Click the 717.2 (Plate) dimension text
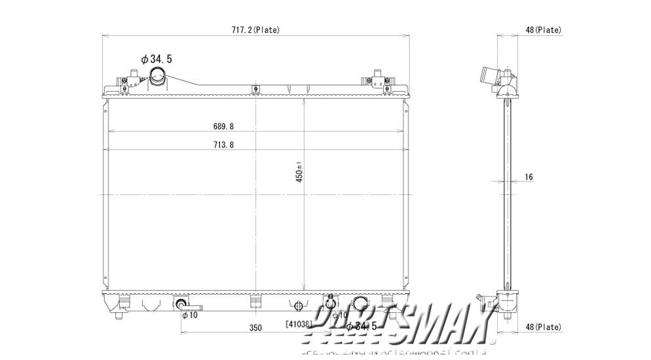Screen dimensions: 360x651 (255, 29)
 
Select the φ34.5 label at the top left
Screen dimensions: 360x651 (157, 59)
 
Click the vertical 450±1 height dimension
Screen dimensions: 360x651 (298, 172)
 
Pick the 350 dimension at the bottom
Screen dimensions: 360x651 (255, 327)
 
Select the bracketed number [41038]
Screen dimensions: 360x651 (299, 323)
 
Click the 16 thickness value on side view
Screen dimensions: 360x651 (529, 177)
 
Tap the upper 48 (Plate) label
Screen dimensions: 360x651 (543, 29)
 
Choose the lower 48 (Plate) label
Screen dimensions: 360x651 (543, 327)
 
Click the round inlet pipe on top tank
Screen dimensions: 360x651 (158, 77)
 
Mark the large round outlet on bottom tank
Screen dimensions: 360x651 (361, 303)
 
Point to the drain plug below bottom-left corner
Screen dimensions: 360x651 (119, 316)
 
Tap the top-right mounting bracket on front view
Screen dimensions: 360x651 (377, 80)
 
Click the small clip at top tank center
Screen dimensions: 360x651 (255, 89)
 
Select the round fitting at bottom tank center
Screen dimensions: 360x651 (299, 306)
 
